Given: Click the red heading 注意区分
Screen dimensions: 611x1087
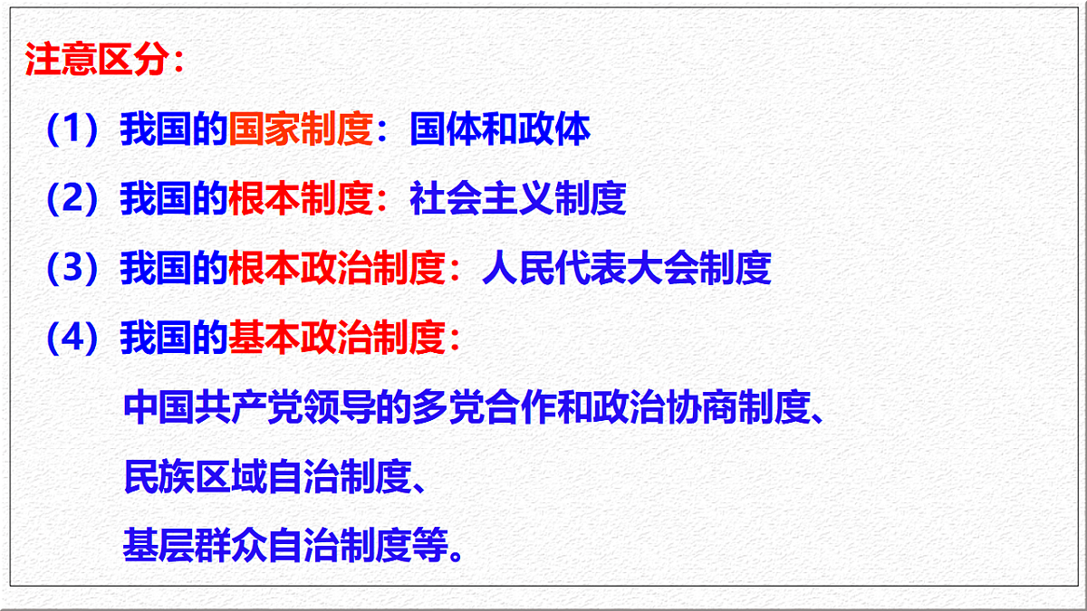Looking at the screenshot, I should (97, 61).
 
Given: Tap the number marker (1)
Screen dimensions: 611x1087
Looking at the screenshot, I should (72, 130).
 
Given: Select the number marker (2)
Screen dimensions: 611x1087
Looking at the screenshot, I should (72, 199).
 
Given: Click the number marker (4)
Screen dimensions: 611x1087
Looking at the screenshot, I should (72, 339).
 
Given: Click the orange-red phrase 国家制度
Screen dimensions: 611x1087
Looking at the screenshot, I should (301, 130).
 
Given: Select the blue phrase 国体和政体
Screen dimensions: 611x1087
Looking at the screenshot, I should (500, 130).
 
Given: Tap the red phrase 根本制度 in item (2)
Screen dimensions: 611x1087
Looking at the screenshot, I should (301, 199).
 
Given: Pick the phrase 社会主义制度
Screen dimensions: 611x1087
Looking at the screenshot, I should (518, 199).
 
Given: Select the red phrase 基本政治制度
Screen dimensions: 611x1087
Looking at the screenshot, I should (337, 339).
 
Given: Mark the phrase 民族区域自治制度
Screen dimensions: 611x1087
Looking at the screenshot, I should (268, 478).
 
